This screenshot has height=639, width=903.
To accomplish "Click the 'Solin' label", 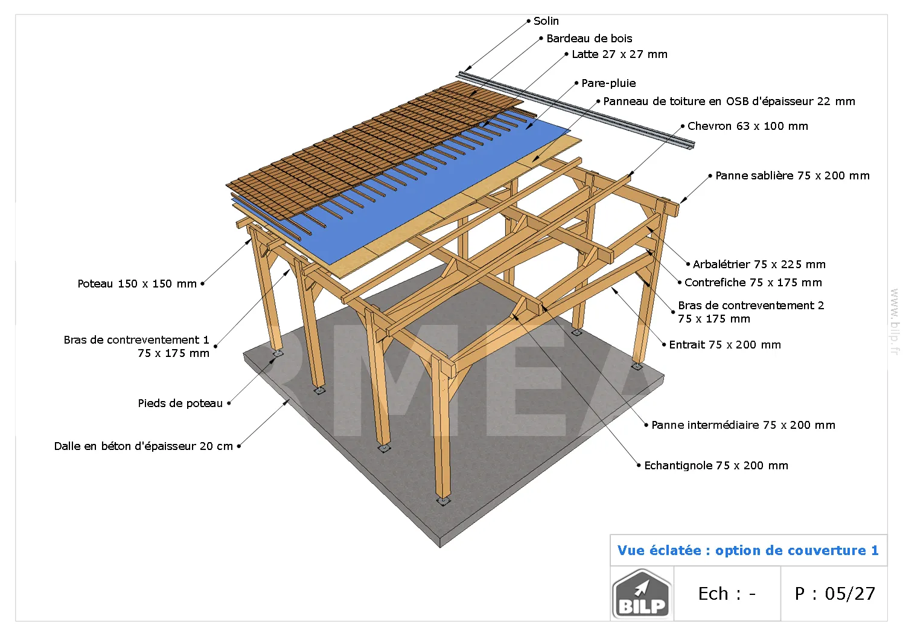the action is (546, 21).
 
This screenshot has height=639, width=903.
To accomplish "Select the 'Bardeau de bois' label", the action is (589, 39).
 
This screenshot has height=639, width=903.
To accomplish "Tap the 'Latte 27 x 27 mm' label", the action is (619, 54).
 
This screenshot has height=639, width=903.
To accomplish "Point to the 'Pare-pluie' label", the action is (608, 83).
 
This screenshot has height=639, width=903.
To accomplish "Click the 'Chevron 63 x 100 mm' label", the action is (748, 126).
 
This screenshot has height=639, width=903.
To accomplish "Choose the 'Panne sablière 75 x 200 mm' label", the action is (793, 176).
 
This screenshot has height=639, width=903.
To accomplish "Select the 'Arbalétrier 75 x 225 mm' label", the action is (759, 265).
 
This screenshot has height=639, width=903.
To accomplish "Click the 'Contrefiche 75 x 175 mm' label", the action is (753, 283).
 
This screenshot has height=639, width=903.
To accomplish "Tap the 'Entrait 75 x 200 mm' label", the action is (725, 345).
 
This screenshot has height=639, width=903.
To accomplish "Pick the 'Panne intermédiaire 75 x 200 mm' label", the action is (744, 425).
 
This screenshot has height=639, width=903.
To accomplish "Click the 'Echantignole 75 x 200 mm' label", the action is (716, 466).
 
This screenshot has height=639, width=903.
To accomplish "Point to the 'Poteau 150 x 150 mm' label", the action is (137, 284).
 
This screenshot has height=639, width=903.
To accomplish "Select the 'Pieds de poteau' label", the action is (180, 403).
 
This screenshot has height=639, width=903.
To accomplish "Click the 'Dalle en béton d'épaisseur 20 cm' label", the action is (144, 446).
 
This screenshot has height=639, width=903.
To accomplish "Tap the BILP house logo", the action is (642, 594).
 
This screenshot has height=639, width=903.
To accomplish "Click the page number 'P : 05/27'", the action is (835, 594).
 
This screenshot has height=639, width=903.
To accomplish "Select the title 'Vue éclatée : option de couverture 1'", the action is (748, 551).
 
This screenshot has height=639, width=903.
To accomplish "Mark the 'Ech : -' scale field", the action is (727, 594).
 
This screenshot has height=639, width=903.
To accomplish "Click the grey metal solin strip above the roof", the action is (576, 110).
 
